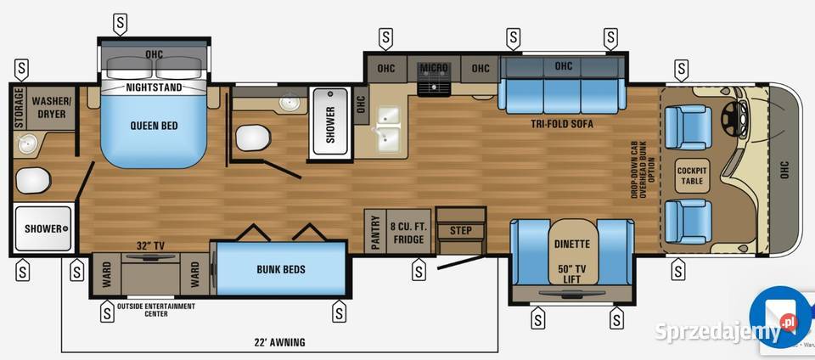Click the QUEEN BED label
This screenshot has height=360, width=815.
pos(154,126)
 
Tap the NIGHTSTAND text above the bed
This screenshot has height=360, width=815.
pos(154,87)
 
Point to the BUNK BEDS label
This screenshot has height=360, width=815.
pos(280,270)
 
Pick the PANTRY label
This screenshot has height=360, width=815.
pos(375,231)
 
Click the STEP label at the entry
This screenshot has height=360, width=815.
pos(461,230)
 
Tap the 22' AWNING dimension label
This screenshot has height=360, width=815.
pos(279,342)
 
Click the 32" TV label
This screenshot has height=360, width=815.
pos(150,245)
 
